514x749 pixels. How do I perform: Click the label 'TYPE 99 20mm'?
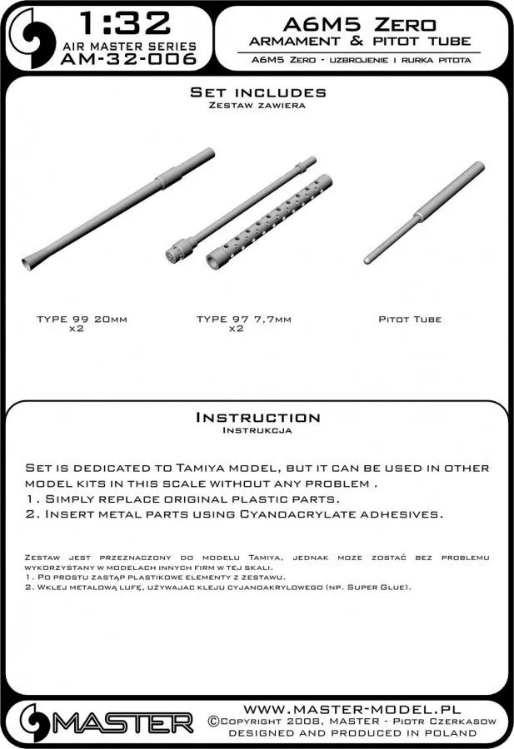coord(83,320)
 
